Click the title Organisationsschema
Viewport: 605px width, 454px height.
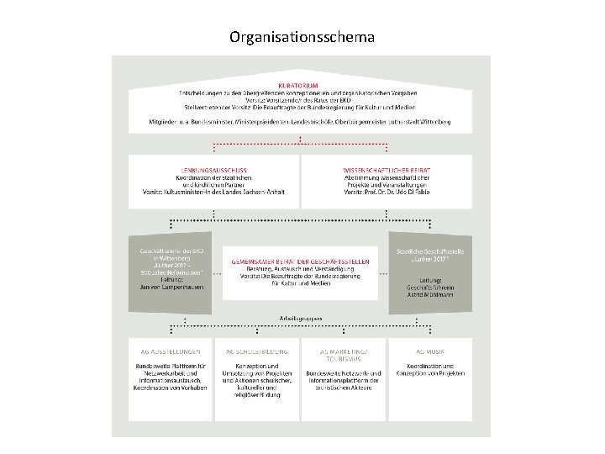tap(302, 38)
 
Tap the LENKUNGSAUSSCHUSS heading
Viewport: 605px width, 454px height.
tap(213, 170)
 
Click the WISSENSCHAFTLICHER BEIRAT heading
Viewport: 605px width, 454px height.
tap(387, 170)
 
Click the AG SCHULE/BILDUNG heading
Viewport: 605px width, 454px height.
tap(257, 351)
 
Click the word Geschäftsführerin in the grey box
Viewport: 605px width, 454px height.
tap(429, 288)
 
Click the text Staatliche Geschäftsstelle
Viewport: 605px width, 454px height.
tap(429, 251)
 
